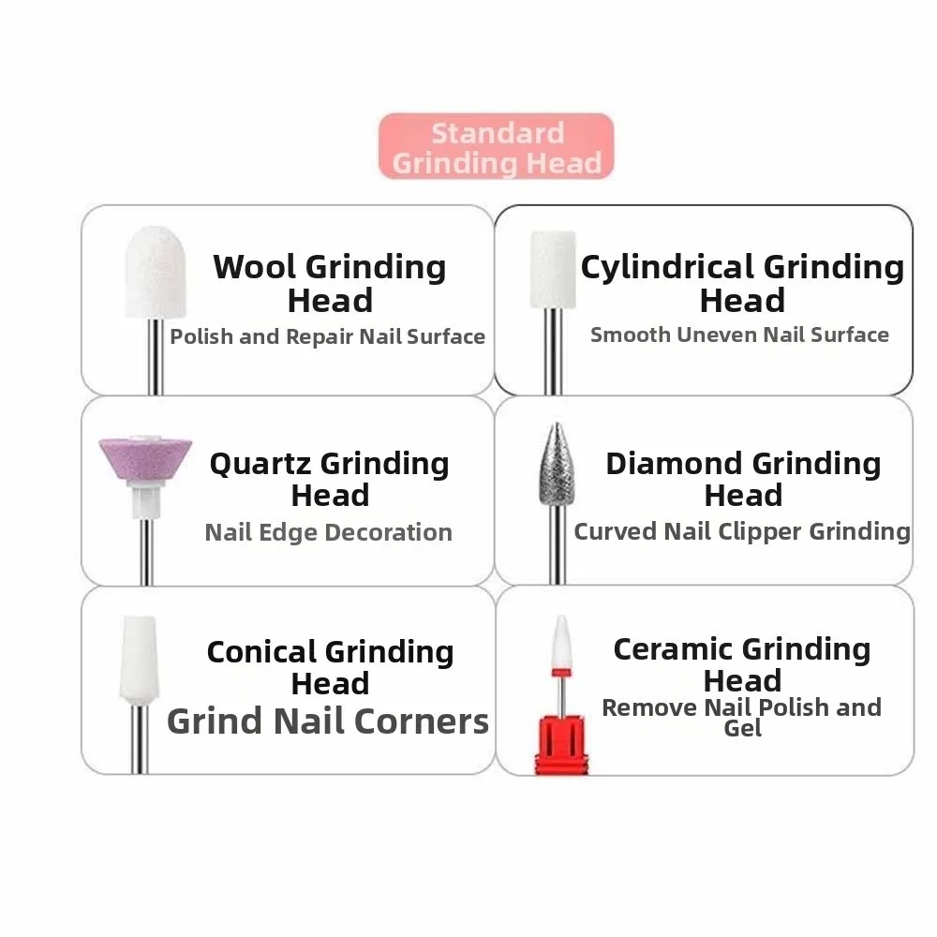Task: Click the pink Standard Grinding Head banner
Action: [496, 147]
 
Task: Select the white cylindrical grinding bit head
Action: [553, 269]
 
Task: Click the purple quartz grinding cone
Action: [145, 458]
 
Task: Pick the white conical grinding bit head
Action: [139, 659]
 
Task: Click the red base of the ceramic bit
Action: [559, 746]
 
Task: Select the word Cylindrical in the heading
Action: [667, 267]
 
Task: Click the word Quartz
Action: [260, 463]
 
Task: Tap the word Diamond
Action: [674, 463]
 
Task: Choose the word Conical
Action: [261, 651]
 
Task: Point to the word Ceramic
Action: [672, 648]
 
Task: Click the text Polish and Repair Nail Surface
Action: [328, 336]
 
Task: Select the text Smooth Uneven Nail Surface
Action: [739, 335]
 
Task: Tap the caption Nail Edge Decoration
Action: [328, 533]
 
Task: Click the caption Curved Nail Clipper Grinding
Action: [741, 531]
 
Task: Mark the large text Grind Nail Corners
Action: [328, 721]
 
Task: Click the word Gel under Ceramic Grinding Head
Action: [742, 728]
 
